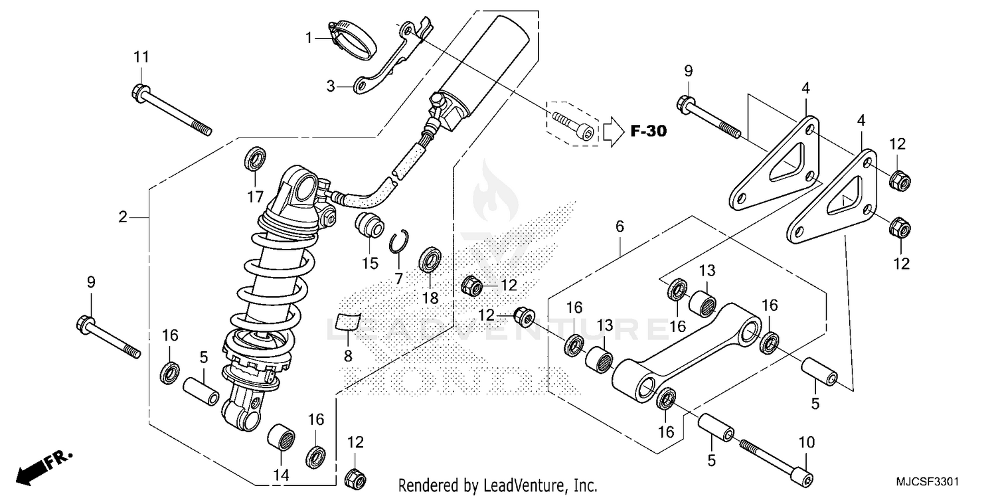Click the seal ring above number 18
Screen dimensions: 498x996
[x=430, y=260]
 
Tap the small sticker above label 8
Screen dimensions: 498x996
[x=347, y=321]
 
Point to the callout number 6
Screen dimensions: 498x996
[x=620, y=226]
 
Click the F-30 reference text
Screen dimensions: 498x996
[x=647, y=131]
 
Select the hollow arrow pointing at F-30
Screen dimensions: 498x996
[x=612, y=131]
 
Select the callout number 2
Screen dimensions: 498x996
[x=123, y=217]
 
